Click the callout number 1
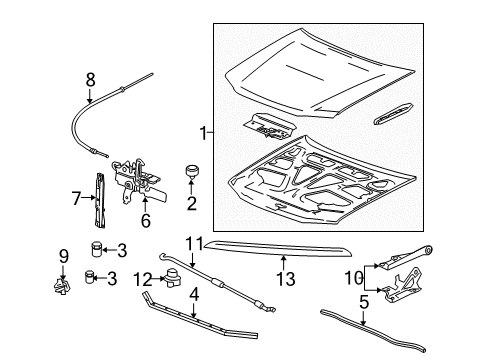point(204,133)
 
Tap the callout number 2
point(191,205)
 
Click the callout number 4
point(193,296)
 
